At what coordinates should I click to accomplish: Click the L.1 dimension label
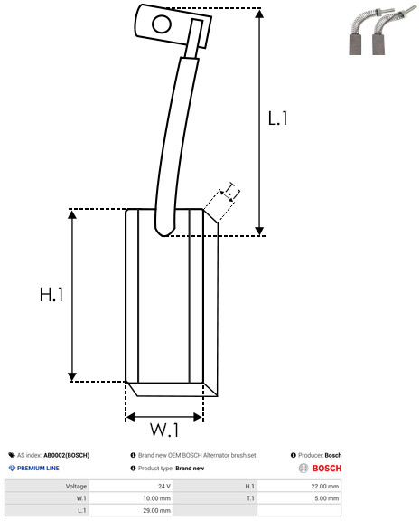coord(277,118)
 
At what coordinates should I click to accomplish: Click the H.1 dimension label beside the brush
coord(51,294)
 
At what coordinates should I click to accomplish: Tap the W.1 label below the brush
coord(164,430)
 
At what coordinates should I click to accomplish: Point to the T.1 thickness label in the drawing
coord(233,190)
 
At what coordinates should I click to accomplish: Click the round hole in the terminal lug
coord(162,24)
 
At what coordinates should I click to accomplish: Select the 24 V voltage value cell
coord(163,486)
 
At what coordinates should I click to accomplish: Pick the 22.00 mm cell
coord(325,486)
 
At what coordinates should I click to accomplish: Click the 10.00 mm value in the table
coord(156,498)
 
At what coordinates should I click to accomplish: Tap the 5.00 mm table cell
coord(326,498)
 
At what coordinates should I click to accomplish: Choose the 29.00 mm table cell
coord(156,510)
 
